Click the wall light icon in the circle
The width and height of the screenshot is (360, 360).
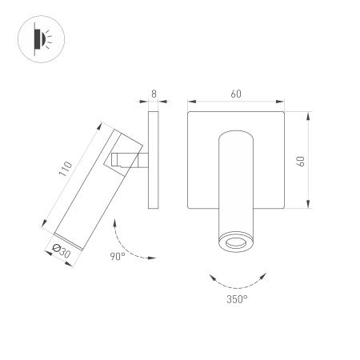click(x=40, y=38)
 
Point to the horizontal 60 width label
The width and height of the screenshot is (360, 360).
click(x=236, y=94)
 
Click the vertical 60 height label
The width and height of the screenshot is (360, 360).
click(x=301, y=160)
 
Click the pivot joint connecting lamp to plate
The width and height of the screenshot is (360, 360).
click(x=128, y=160)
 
